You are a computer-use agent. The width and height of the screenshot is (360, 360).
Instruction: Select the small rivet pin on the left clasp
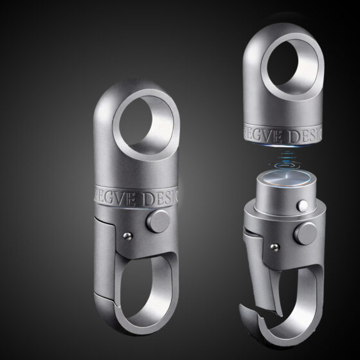point(127,236)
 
